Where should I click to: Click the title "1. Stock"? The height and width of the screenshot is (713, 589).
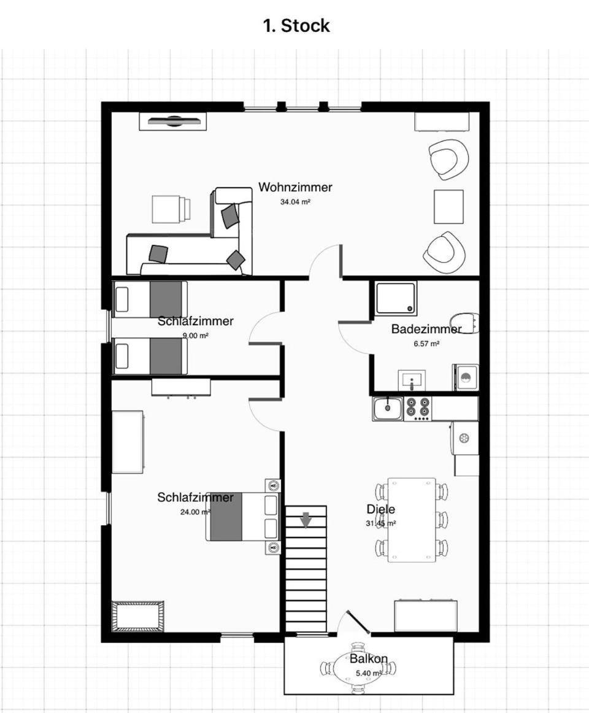[x=296, y=26]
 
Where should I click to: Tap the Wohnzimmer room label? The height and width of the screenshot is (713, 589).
[x=295, y=187]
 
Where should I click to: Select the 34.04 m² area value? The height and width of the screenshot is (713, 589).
[x=295, y=202]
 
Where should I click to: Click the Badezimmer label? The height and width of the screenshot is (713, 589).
[x=426, y=329]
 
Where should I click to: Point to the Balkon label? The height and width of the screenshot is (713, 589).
[x=368, y=658]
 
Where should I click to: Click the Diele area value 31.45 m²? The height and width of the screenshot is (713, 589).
[x=380, y=523]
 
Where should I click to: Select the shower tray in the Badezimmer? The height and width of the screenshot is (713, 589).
[x=396, y=298]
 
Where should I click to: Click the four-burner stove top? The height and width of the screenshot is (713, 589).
[x=418, y=408]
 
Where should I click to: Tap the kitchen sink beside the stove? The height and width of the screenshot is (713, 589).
[x=388, y=408]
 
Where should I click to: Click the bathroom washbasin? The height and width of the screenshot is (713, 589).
[x=412, y=380]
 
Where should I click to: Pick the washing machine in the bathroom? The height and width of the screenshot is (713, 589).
[x=465, y=377]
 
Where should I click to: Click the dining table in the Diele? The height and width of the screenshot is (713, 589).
[x=412, y=520]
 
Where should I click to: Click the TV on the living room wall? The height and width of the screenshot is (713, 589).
[x=173, y=121]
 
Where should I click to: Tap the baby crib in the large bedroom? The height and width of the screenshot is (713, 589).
[x=138, y=616]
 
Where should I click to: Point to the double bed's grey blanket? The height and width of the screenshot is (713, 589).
[x=226, y=516]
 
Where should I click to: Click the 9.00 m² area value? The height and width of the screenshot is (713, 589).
[x=196, y=336]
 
